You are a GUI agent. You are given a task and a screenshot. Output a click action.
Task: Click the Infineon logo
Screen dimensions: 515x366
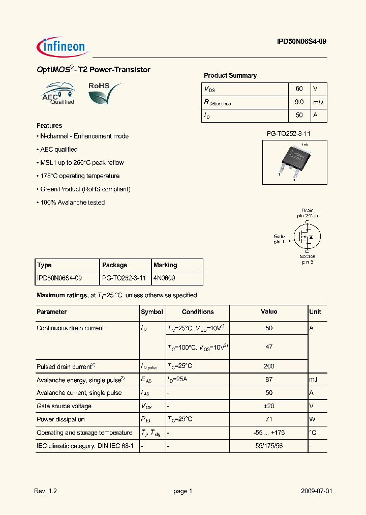(63, 47)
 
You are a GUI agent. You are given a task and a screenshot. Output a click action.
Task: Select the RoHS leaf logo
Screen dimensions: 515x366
(105, 93)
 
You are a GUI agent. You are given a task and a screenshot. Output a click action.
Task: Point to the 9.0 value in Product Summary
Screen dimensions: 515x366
(299, 102)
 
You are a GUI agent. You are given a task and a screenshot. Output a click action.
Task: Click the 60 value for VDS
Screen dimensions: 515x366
(299, 89)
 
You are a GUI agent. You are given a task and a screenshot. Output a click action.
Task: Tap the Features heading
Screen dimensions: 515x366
(49, 125)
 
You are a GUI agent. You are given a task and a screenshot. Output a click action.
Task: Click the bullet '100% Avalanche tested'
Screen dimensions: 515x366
(71, 203)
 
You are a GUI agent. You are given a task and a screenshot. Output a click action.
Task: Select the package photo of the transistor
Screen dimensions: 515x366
(295, 161)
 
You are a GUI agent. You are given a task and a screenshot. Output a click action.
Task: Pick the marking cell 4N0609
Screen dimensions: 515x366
(165, 278)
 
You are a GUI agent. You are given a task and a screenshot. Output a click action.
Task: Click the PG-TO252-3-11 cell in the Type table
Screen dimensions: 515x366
(124, 278)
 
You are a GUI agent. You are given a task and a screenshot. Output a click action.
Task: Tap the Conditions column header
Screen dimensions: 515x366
(198, 312)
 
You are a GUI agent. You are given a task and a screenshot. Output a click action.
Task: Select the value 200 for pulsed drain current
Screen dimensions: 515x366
(269, 366)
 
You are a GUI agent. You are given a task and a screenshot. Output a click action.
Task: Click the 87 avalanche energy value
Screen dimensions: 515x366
(269, 380)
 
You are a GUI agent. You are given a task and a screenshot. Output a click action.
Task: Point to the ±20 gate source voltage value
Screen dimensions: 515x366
(269, 406)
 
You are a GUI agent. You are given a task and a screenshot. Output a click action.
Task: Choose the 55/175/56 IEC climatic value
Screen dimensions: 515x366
(269, 446)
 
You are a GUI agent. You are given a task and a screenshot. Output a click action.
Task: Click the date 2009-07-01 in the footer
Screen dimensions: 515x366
(316, 491)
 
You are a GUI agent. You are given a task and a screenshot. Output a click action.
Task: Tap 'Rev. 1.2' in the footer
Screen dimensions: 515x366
(45, 491)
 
